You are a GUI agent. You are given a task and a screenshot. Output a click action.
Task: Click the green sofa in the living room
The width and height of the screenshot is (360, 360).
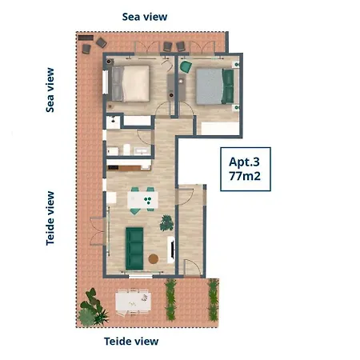coord(134,249)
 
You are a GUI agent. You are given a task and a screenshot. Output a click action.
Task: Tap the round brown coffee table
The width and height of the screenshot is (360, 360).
coord(154,258)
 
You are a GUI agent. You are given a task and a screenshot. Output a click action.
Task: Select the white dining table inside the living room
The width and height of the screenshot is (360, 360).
coord(142,200)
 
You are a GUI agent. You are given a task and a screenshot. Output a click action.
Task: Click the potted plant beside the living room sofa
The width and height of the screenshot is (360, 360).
coord(166,223)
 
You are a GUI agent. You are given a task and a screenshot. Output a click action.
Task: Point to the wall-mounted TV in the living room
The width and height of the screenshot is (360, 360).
coord(173,250)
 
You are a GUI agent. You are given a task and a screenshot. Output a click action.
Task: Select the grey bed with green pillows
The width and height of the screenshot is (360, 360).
coord(215,86)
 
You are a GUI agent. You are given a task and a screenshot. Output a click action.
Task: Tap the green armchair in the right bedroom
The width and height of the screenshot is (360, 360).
coord(186,66)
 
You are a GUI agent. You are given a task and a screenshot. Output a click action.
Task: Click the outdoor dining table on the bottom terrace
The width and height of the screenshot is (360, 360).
coord(133,303)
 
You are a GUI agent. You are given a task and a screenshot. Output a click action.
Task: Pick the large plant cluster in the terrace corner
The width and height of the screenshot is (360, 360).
coord(92,308)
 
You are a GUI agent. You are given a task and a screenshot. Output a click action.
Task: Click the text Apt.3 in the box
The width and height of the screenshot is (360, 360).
coord(244,162)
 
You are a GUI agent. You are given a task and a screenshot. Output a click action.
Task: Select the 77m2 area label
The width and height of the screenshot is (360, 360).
coord(245,176)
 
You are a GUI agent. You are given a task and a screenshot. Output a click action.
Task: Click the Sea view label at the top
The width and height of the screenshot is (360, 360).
coord(145,17)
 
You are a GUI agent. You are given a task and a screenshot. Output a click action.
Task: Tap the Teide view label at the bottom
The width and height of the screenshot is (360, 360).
coord(131,342)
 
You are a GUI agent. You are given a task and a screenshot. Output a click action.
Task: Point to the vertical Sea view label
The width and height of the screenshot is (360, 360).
coord(50,90)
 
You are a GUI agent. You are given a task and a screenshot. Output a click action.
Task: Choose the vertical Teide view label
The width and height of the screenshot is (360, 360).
coord(50,218)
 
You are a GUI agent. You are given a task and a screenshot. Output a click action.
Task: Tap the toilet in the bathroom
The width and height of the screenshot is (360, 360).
coord(126,150)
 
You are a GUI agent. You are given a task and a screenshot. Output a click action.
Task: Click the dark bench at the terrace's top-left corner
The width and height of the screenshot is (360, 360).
coord(86,38)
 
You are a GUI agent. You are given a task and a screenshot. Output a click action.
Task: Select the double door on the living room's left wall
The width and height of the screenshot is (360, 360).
coord(97,231)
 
